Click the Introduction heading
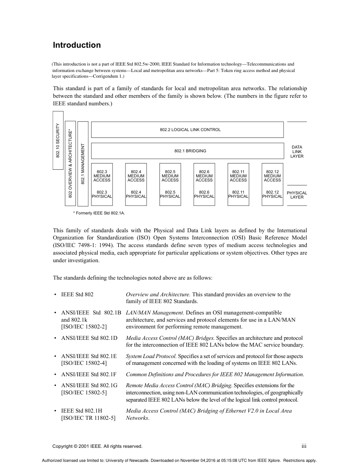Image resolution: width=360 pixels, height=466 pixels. click(x=77, y=45)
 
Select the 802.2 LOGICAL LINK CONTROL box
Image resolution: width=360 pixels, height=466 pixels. click(x=187, y=130)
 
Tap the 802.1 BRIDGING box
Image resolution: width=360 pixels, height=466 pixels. click(x=187, y=151)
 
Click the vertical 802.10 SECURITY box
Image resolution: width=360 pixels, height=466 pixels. click(x=58, y=140)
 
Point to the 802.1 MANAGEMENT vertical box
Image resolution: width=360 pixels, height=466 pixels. click(x=83, y=164)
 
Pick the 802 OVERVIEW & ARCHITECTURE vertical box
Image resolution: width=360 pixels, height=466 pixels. click(x=70, y=163)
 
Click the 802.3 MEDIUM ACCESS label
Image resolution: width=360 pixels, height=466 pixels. click(x=102, y=176)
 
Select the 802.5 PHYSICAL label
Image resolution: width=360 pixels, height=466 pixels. click(x=170, y=194)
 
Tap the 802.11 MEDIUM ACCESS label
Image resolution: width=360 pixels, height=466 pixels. click(x=238, y=176)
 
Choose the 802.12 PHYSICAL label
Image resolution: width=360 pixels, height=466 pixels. click(x=272, y=194)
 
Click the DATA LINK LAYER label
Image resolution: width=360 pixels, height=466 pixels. click(x=297, y=152)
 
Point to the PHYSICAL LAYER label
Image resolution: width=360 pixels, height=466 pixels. click(x=297, y=195)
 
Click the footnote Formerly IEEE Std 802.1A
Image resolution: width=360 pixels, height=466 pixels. click(x=99, y=213)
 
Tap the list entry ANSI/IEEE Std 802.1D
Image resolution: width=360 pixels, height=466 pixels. click(x=89, y=338)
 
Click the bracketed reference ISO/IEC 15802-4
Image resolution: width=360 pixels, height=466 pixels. click(x=84, y=363)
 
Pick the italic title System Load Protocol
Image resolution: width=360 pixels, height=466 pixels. click(x=151, y=356)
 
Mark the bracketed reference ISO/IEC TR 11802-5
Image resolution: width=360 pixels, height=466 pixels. click(x=88, y=418)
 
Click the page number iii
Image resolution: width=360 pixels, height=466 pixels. click(x=304, y=446)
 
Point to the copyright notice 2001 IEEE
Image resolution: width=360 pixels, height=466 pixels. click(x=97, y=446)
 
